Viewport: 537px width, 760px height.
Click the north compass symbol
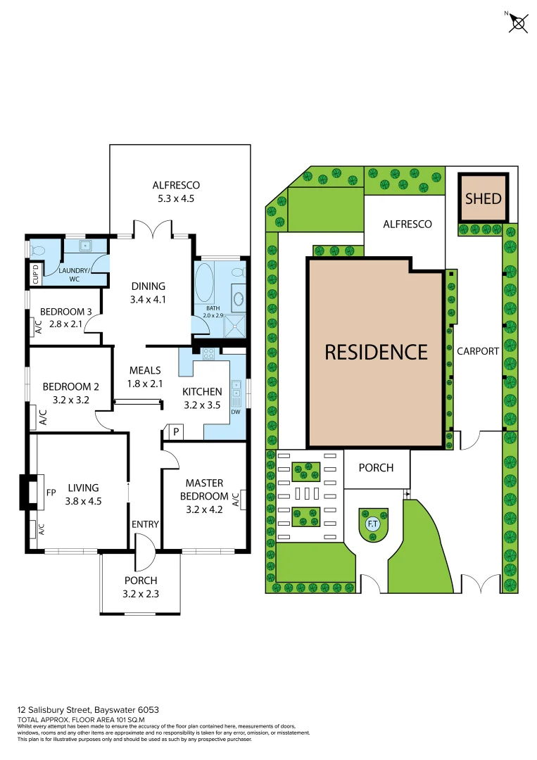[519, 23]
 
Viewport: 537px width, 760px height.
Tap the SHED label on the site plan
[484, 198]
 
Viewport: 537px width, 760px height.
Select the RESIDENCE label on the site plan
[376, 351]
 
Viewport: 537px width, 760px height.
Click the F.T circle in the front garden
[372, 524]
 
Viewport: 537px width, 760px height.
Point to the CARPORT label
[478, 351]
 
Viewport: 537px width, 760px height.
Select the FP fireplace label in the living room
[51, 493]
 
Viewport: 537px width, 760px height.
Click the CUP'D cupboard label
[33, 273]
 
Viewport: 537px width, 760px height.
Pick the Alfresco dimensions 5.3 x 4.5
[177, 198]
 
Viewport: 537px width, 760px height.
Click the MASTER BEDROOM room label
[204, 490]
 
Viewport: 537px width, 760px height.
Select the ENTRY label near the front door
[145, 524]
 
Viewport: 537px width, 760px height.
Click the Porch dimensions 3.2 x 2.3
[141, 593]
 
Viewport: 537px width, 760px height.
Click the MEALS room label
[146, 370]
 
